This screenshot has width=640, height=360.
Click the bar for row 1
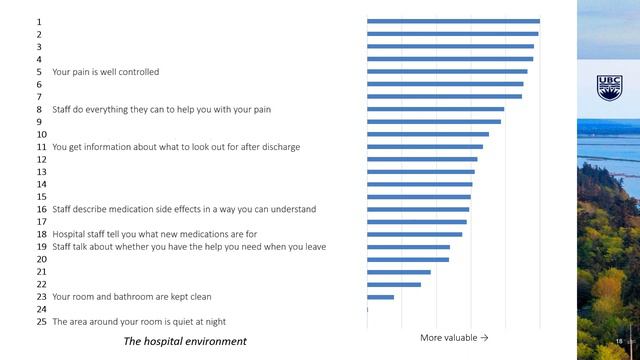(x=453, y=21)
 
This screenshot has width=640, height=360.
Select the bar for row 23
(x=380, y=297)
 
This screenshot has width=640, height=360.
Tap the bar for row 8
(x=435, y=109)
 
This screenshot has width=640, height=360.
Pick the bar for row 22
(x=393, y=284)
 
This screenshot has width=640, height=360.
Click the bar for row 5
(x=447, y=71)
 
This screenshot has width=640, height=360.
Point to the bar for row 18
(x=414, y=234)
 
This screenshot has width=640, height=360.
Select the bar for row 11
(x=424, y=147)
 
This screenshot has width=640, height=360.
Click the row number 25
(x=41, y=322)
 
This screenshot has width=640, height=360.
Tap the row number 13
(x=41, y=172)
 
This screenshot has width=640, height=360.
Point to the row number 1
(x=39, y=22)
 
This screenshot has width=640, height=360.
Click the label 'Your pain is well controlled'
(x=105, y=72)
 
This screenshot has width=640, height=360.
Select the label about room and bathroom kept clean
(x=131, y=297)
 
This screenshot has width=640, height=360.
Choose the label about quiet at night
(x=138, y=322)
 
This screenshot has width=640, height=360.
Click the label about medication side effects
(x=184, y=209)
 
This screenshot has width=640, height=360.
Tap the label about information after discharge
(x=175, y=147)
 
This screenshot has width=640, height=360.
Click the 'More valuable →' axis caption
(x=454, y=338)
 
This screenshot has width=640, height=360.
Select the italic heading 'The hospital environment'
(x=184, y=342)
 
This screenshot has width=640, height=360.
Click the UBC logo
(x=609, y=87)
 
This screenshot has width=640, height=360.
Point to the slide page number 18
(x=618, y=342)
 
